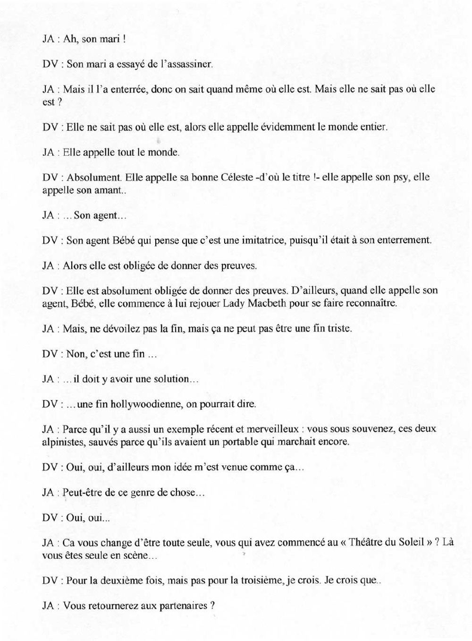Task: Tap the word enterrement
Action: [402, 240]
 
